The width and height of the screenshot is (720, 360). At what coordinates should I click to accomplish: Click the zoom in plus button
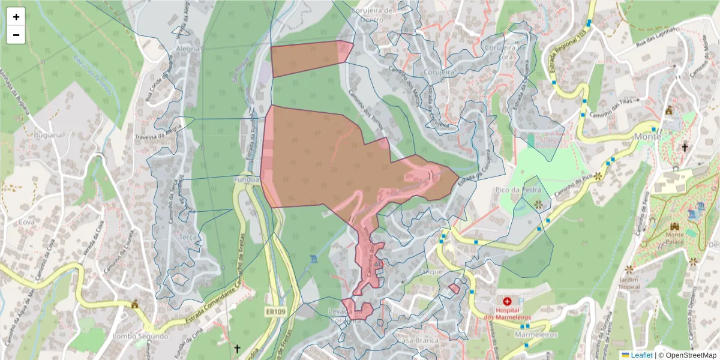point(16,17)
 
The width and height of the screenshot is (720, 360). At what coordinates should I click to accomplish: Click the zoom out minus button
point(16,35)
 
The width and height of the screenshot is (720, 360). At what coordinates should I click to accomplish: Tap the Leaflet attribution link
point(641,355)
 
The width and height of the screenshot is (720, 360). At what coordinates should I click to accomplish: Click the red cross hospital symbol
point(508,301)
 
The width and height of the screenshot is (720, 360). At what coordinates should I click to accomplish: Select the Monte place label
point(647,136)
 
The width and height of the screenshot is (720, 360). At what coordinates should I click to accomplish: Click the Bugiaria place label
point(48,135)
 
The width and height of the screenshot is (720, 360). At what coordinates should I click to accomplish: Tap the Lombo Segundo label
point(140,336)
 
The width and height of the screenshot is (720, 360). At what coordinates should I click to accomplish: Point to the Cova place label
point(26,221)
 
